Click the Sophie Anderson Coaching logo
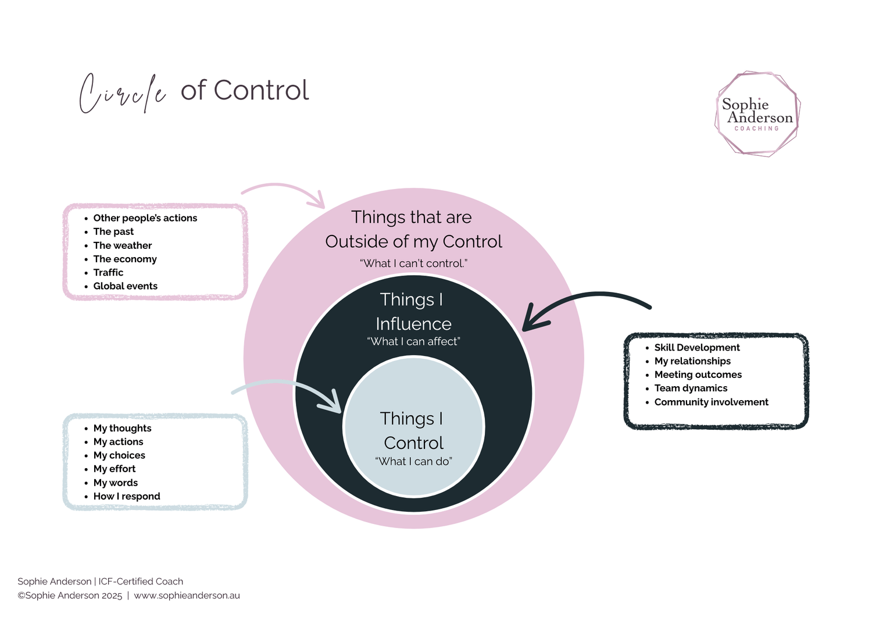757,114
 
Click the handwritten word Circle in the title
123,93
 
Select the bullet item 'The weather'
122,245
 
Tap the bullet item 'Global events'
125,286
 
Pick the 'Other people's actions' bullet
145,218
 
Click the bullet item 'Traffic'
108,272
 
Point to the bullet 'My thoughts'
122,428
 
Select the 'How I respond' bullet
126,496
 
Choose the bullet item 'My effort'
115,469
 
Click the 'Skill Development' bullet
697,347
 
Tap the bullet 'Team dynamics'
691,388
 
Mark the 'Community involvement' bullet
711,402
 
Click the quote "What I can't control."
413,263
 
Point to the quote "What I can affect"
413,341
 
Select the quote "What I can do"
413,461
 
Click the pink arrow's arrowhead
318,201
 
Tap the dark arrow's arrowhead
531,322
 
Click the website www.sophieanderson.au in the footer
187,595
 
